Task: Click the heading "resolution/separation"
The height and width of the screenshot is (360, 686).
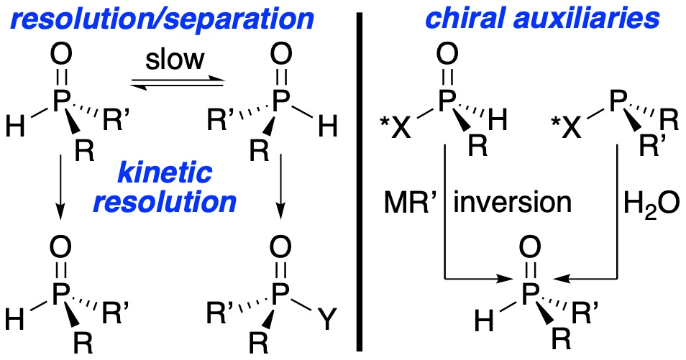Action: coord(162,19)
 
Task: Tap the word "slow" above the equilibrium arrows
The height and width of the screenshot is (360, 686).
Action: coord(175,60)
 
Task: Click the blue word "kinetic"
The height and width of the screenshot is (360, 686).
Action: coord(165,172)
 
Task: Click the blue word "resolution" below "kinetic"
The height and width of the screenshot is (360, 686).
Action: coord(165,202)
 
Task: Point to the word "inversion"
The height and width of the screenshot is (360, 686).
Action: coord(512,203)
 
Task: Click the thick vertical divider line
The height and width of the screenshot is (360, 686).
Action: coord(360,182)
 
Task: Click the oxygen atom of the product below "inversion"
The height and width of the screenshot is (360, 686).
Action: coord(529,248)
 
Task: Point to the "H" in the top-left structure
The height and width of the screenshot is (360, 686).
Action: coord(15,127)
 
